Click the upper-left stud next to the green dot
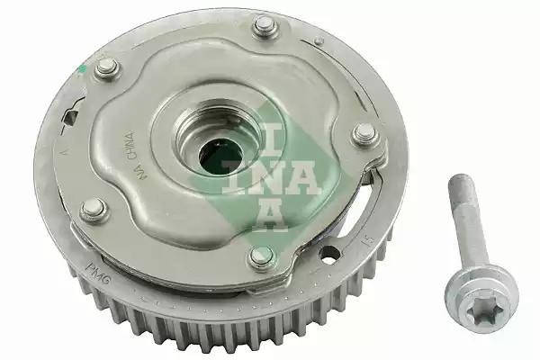(x=106, y=66)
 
